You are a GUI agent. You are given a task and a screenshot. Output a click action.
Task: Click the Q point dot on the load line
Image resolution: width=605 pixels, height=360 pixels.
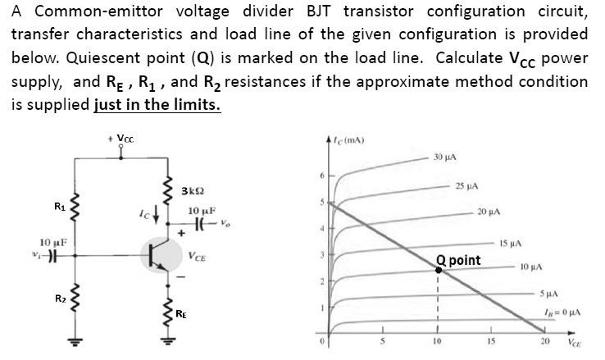[439, 270]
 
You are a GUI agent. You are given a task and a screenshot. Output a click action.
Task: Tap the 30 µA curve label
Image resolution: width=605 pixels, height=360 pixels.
[444, 157]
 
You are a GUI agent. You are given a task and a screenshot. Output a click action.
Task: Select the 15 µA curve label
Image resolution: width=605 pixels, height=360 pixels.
[511, 244]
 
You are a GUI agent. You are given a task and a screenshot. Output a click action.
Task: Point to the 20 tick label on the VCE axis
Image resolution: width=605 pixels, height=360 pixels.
[545, 341]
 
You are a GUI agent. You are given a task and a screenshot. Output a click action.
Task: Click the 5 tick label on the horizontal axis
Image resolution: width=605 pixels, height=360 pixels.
[383, 341]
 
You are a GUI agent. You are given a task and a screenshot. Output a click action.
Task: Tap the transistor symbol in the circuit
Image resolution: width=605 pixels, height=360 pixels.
[161, 255]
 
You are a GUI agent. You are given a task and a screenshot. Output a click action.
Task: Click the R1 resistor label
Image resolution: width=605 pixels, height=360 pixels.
[60, 207]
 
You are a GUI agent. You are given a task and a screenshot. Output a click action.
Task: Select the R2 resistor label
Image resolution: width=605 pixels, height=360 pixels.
[60, 298]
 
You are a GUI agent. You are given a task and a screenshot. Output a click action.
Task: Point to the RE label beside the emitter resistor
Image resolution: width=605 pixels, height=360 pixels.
[181, 314]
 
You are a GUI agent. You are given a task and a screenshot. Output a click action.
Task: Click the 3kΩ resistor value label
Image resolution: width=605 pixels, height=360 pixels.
[193, 191]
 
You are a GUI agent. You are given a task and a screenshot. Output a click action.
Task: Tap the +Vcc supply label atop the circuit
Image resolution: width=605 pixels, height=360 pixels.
[121, 139]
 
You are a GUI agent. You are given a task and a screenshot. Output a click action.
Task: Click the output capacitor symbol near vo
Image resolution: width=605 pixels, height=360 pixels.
[199, 223]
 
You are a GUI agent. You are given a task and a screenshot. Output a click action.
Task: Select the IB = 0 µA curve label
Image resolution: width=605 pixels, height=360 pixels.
[562, 312]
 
